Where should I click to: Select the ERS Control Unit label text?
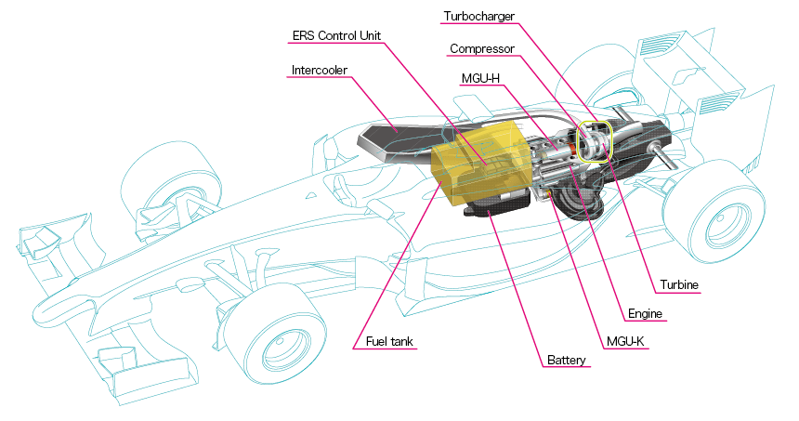pyautogui.click(x=335, y=36)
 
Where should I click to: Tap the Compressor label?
pyautogui.click(x=481, y=48)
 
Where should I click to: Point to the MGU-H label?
pyautogui.click(x=480, y=79)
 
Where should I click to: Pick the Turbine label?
pyautogui.click(x=679, y=284)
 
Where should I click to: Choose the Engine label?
pyautogui.click(x=644, y=314)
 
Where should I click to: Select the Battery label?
pyautogui.click(x=566, y=361)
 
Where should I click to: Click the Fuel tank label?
pyautogui.click(x=385, y=341)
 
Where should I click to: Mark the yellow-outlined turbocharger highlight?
pyautogui.click(x=595, y=141)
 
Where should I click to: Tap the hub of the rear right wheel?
pyautogui.click(x=721, y=227)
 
